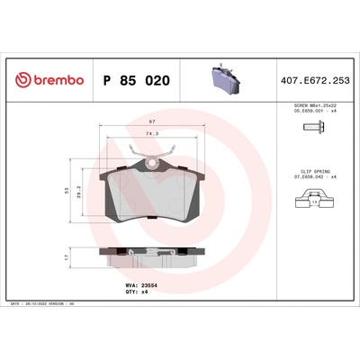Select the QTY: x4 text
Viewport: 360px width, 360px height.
(x=130, y=293)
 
